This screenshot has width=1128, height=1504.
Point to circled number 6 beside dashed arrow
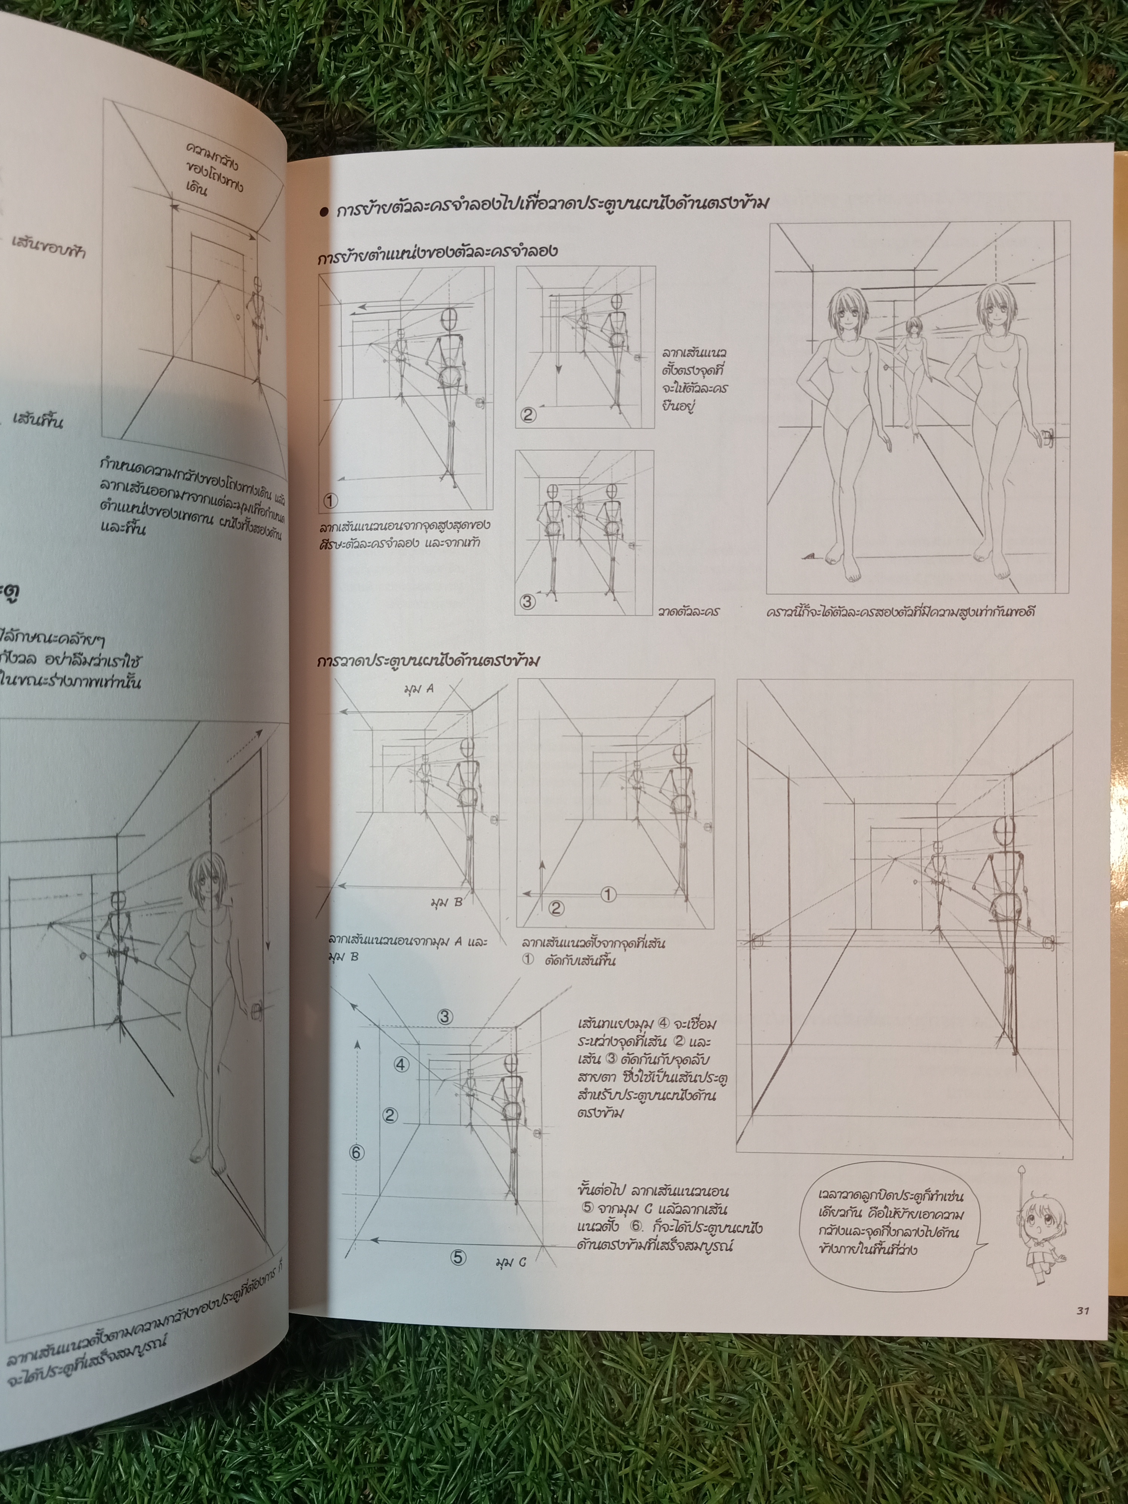pos(357,1152)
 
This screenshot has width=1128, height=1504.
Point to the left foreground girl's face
pos(846,314)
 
